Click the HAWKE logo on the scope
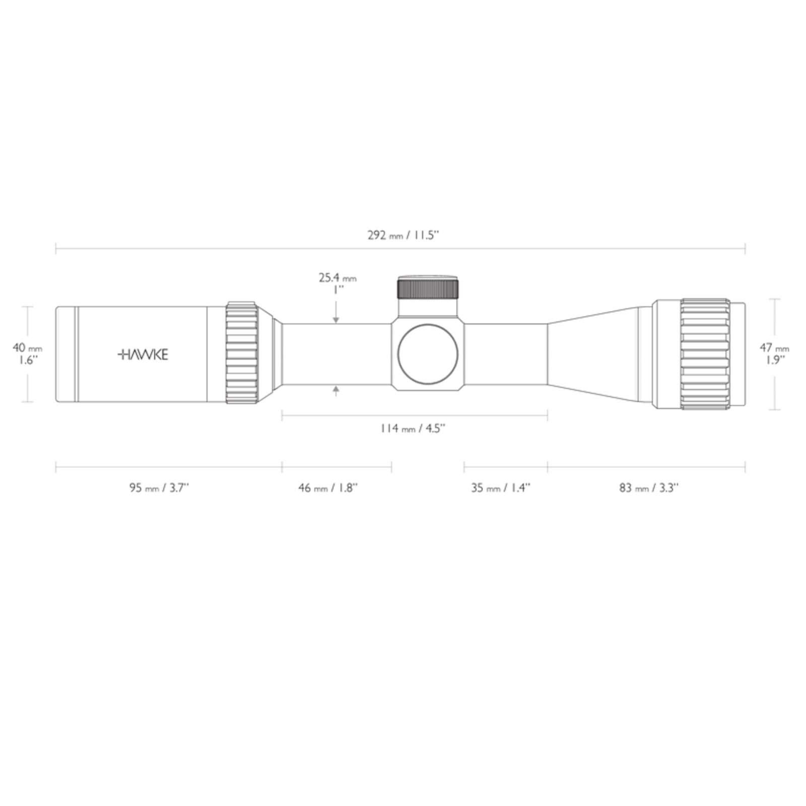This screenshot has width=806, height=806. tap(143, 355)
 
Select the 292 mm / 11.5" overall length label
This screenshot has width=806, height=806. tap(404, 235)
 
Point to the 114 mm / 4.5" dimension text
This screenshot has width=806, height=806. tap(413, 429)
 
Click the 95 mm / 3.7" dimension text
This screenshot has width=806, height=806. tap(159, 488)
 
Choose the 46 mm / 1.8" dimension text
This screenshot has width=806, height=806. tap(328, 488)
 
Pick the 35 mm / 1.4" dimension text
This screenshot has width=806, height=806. tap(501, 488)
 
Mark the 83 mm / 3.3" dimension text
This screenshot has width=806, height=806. tap(649, 488)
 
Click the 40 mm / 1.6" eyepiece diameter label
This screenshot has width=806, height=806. tap(27, 354)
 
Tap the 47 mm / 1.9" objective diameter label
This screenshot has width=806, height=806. tap(774, 354)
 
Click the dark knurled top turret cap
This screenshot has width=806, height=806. tap(428, 289)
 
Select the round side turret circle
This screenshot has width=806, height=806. tap(428, 354)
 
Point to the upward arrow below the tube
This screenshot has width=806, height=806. tap(336, 390)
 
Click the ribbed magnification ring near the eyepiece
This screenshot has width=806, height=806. tap(242, 353)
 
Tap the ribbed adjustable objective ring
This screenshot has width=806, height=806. tap(705, 354)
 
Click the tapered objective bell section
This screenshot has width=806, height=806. tap(594, 354)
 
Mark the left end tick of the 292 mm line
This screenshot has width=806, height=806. tap(56, 248)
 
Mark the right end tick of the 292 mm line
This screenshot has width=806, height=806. tap(745, 248)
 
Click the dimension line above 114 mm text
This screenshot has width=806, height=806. tap(414, 416)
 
